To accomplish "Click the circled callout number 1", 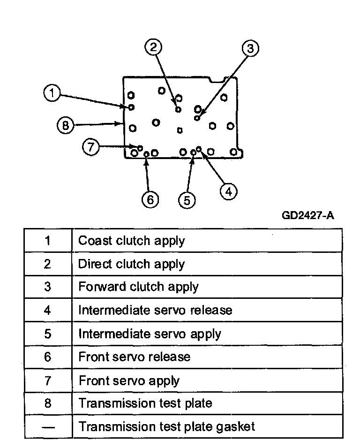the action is tap(52, 93).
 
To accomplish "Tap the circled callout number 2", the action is tap(153, 47).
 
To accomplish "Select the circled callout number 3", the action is tap(250, 48).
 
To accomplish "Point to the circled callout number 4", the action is tap(229, 191).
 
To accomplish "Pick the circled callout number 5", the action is tap(187, 200).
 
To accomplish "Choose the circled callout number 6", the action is tap(150, 200).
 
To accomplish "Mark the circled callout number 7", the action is tap(91, 147).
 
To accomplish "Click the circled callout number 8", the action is tap(66, 125).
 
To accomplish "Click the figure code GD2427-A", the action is tap(307, 215).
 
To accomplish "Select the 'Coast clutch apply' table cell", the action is tap(132, 241).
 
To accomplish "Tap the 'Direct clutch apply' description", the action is tap(131, 264).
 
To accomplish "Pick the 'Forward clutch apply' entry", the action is tap(138, 287).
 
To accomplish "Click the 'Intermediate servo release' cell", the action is tap(155, 310).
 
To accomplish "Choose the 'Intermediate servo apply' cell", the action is tap(150, 334).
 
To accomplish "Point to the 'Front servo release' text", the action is tap(135, 357).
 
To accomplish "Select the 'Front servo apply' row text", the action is tap(129, 380).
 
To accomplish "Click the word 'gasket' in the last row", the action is tap(235, 427).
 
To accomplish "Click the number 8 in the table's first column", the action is tap(48, 403).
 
